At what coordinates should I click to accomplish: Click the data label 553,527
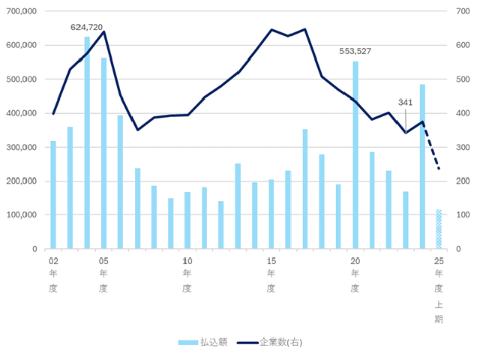pyautogui.click(x=355, y=52)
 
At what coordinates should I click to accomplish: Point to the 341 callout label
pyautogui.click(x=405, y=102)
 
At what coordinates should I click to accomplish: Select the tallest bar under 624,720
pyautogui.click(x=87, y=142)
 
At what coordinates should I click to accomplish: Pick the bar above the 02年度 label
pyautogui.click(x=53, y=195)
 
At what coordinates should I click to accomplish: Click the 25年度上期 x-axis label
pyautogui.click(x=439, y=289)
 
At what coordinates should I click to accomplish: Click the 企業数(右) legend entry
pyautogui.click(x=270, y=342)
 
